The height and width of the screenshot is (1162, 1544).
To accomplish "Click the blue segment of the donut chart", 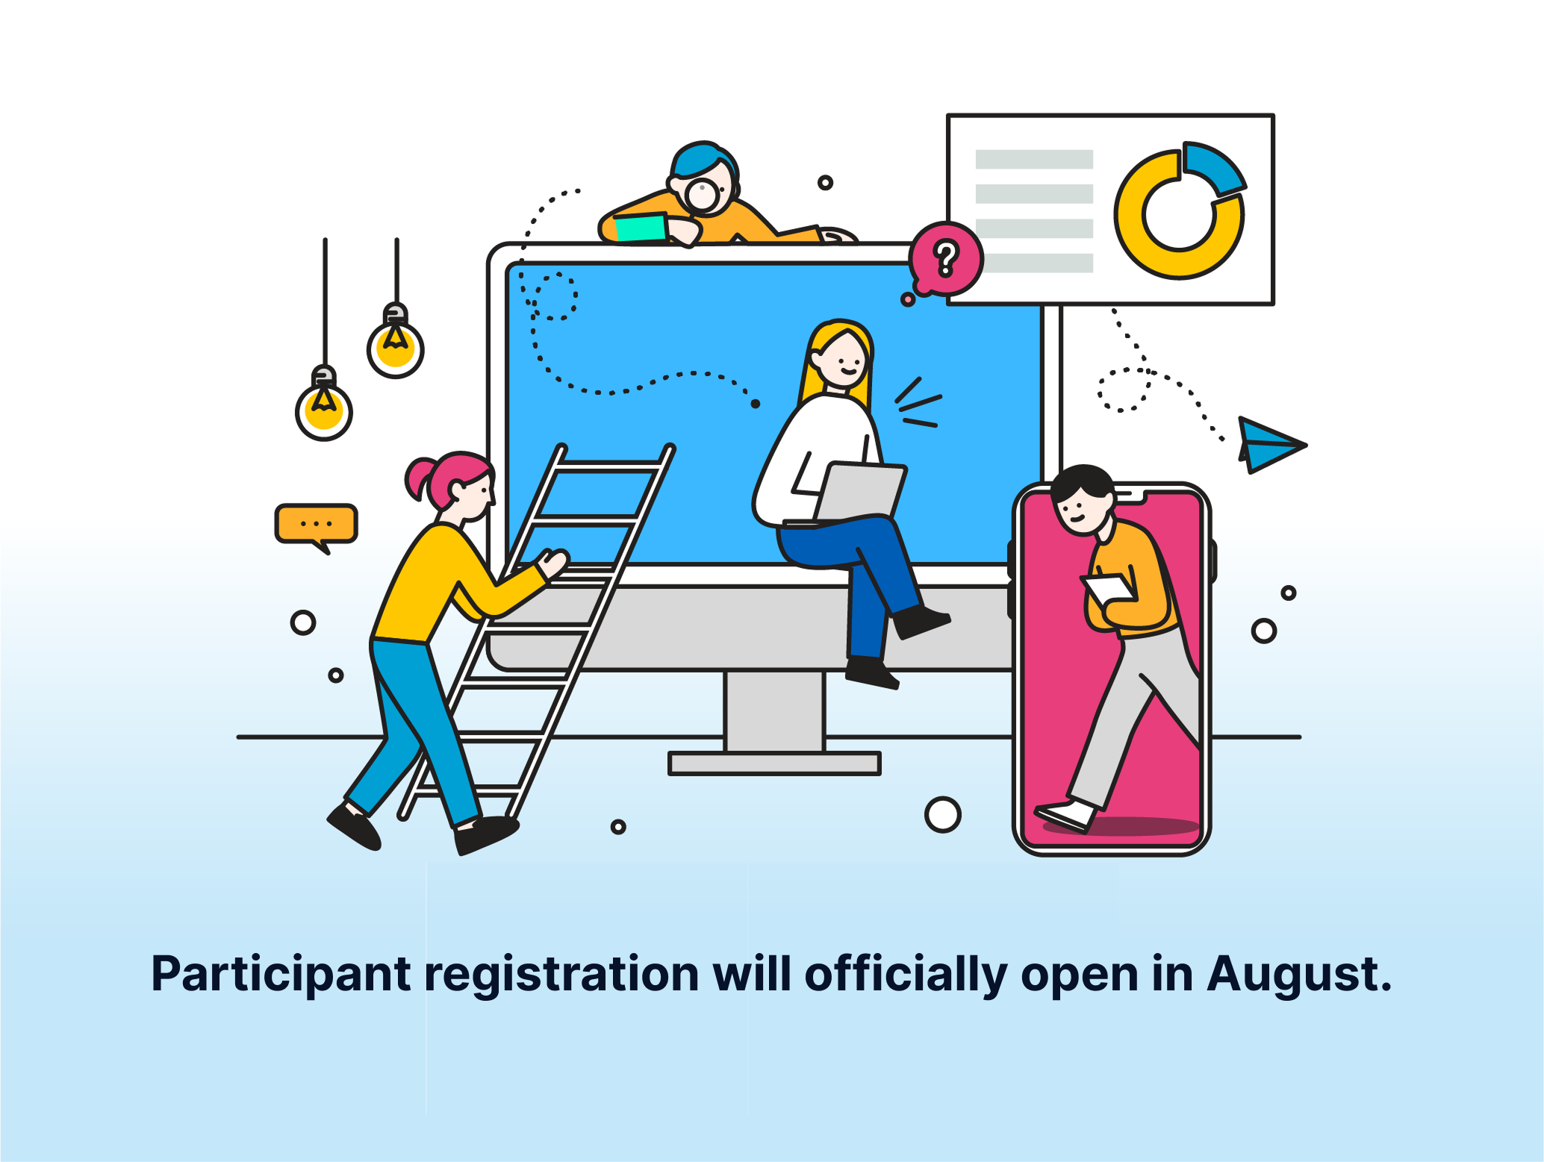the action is (1213, 166).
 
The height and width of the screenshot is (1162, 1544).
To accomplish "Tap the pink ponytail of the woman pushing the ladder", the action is (420, 479).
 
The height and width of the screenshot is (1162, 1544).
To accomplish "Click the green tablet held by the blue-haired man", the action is (640, 227).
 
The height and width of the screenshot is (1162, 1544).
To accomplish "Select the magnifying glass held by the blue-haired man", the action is (703, 194).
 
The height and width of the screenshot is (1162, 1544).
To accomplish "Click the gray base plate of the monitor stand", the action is (774, 763).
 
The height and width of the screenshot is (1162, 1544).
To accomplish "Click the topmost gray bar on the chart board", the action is (1034, 159).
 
